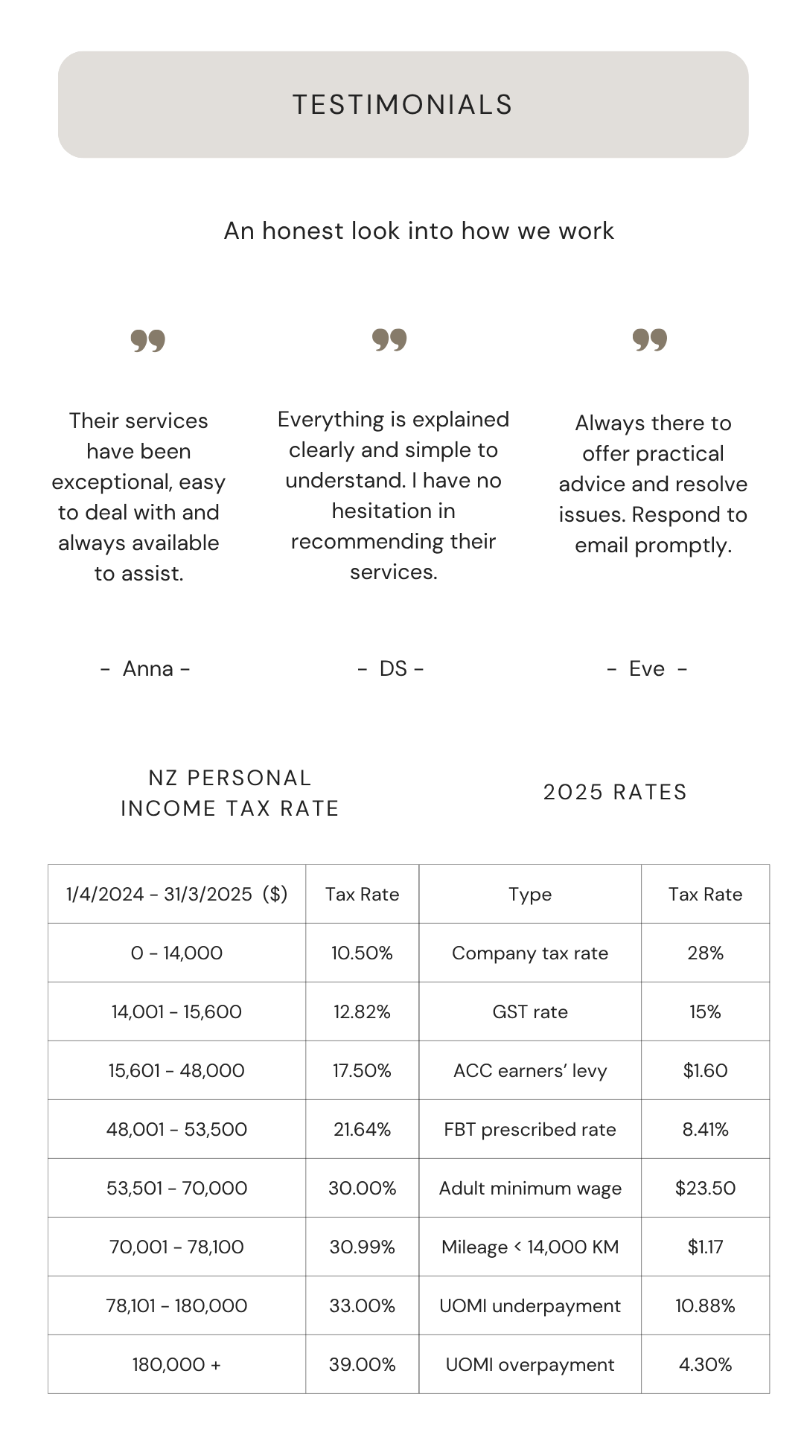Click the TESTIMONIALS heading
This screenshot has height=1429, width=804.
click(403, 105)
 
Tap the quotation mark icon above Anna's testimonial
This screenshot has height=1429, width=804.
click(148, 341)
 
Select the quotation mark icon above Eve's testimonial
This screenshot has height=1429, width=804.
click(650, 339)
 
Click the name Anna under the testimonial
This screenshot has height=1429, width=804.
click(147, 668)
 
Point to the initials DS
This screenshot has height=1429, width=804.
click(393, 668)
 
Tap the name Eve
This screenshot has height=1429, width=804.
click(646, 668)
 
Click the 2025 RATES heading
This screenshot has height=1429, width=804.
click(615, 792)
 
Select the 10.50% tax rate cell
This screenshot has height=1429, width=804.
click(362, 953)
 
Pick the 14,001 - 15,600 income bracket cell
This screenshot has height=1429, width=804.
click(176, 1011)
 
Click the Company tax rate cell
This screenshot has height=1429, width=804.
click(530, 953)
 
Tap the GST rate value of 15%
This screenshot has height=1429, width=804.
click(705, 1011)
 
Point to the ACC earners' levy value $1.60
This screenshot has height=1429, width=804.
click(705, 1070)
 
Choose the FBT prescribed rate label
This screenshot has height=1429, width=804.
click(530, 1129)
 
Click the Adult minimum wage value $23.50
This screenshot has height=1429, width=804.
click(705, 1188)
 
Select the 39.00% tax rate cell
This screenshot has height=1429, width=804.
click(362, 1364)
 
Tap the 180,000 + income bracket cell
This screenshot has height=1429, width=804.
click(176, 1364)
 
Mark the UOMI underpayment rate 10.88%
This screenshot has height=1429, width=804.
click(705, 1305)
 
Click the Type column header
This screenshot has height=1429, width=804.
click(530, 895)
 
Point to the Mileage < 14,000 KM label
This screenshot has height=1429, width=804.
click(530, 1247)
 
